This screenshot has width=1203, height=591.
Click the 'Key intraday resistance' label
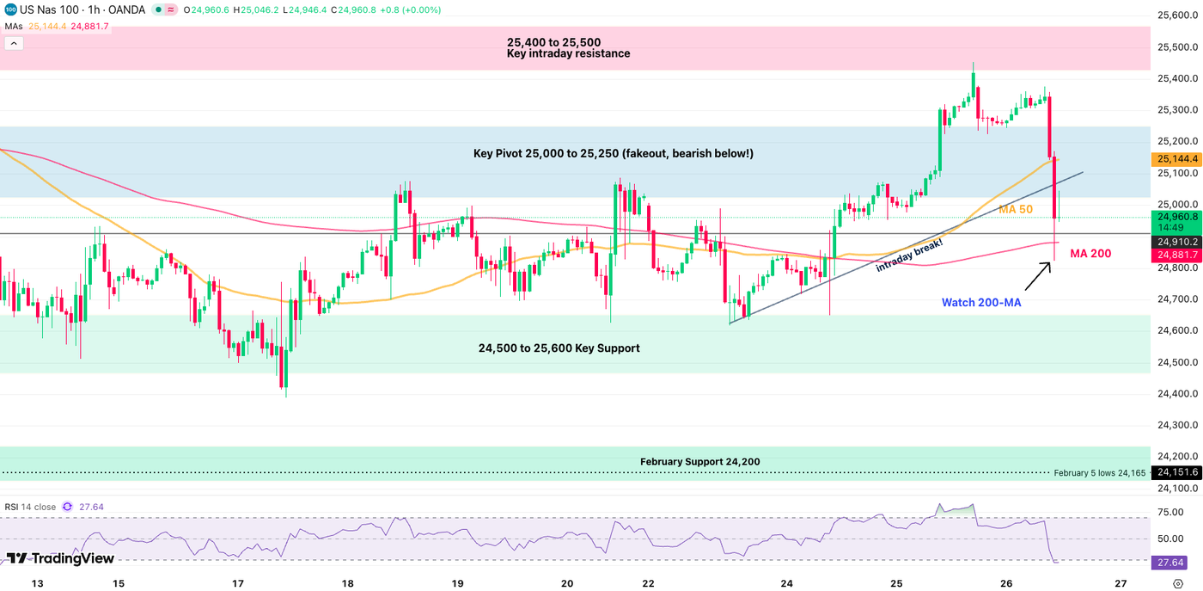point(568,53)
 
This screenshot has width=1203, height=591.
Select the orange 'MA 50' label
point(1015,210)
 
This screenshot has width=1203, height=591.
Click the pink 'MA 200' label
point(1089,254)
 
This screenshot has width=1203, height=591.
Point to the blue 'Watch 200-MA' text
point(980,303)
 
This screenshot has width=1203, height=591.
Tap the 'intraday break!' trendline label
point(908,255)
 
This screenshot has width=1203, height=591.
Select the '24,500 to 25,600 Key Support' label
point(559,348)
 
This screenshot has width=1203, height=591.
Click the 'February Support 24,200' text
point(699,462)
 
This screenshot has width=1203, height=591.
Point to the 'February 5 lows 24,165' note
point(1099,473)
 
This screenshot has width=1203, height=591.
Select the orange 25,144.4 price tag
point(1176,159)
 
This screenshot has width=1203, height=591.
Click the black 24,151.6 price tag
point(1176,472)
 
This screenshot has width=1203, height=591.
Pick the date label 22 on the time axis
point(677,583)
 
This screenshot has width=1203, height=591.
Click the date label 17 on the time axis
point(238,583)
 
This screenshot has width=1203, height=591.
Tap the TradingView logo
point(60,558)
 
